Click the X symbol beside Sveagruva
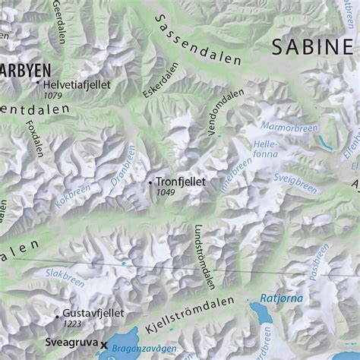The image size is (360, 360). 104,344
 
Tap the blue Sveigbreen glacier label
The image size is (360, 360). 295,183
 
